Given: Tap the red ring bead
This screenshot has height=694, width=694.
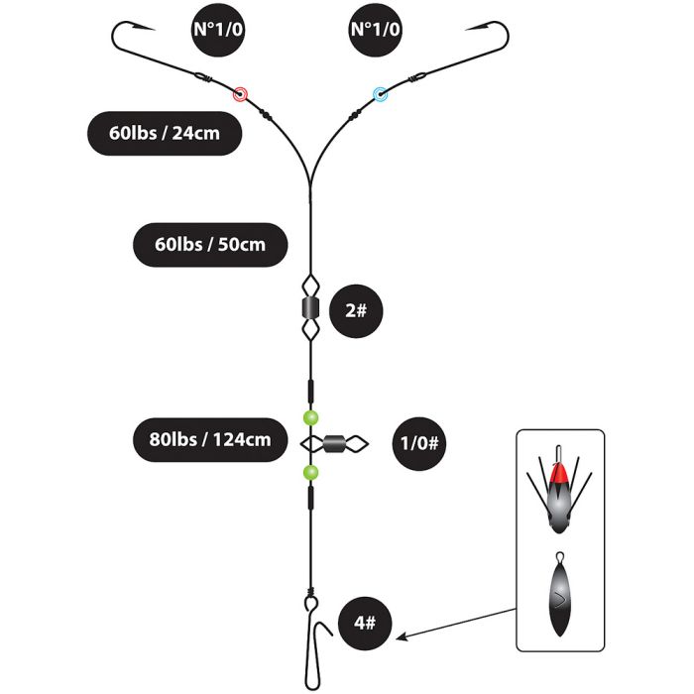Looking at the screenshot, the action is [x=240, y=94].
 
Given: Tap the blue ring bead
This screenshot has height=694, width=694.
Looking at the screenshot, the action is [x=380, y=94].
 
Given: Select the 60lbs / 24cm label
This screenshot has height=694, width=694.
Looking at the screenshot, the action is [x=165, y=133].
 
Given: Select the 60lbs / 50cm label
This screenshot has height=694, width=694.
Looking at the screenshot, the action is [x=210, y=245].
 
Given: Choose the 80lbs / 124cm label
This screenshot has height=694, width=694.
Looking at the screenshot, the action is [x=210, y=440].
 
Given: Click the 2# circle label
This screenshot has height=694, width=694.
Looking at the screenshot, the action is [x=356, y=311].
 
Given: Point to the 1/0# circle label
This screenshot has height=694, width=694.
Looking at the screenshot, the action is [x=419, y=443].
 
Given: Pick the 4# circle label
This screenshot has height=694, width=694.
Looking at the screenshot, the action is [x=365, y=624].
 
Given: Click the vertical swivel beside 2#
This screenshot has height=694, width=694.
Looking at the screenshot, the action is [x=310, y=308].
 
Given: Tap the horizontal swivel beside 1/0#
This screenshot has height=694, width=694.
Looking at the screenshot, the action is [x=335, y=443].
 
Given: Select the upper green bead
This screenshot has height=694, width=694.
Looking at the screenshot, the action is [x=310, y=417].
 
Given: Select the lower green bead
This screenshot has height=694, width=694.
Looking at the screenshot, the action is [x=310, y=473].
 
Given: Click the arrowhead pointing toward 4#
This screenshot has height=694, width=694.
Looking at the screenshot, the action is [x=401, y=637].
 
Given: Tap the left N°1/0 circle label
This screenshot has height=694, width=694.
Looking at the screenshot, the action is [x=218, y=30].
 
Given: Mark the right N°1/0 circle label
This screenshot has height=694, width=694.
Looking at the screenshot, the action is [x=376, y=30].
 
